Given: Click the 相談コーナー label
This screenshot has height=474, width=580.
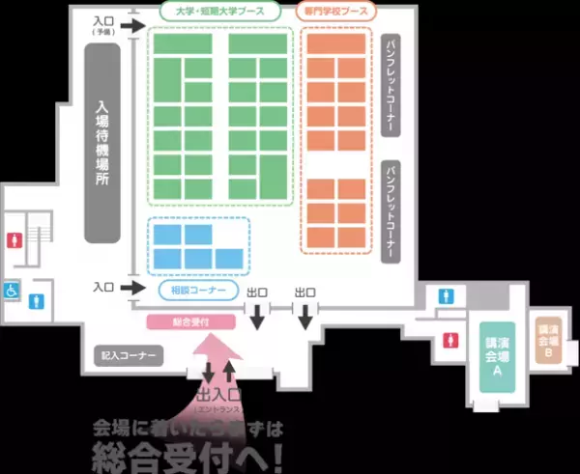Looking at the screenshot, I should coord(199,289).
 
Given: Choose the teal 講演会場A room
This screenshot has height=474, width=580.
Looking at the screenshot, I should coord(497,355).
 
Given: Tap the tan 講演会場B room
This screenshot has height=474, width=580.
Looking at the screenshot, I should coord(548,341).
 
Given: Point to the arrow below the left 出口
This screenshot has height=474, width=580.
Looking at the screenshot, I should coord(257,316).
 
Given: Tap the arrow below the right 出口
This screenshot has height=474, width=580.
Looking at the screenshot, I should coord(304,316).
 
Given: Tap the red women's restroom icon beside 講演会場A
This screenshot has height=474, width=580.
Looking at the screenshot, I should coord(450,340).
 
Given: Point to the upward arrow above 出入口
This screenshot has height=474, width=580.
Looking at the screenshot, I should coord(229,372).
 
